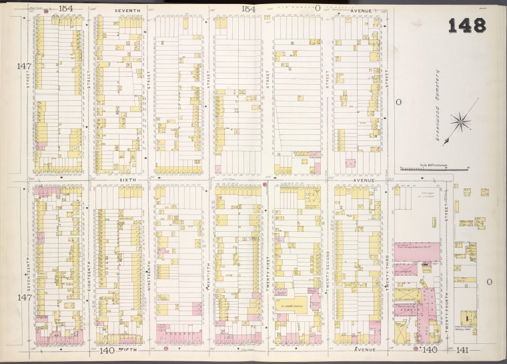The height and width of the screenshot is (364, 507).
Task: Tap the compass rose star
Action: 460,121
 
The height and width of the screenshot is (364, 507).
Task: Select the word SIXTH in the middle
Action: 127,180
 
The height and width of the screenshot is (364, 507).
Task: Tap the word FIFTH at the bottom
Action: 127,349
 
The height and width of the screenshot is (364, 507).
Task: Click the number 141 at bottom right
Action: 462,350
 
